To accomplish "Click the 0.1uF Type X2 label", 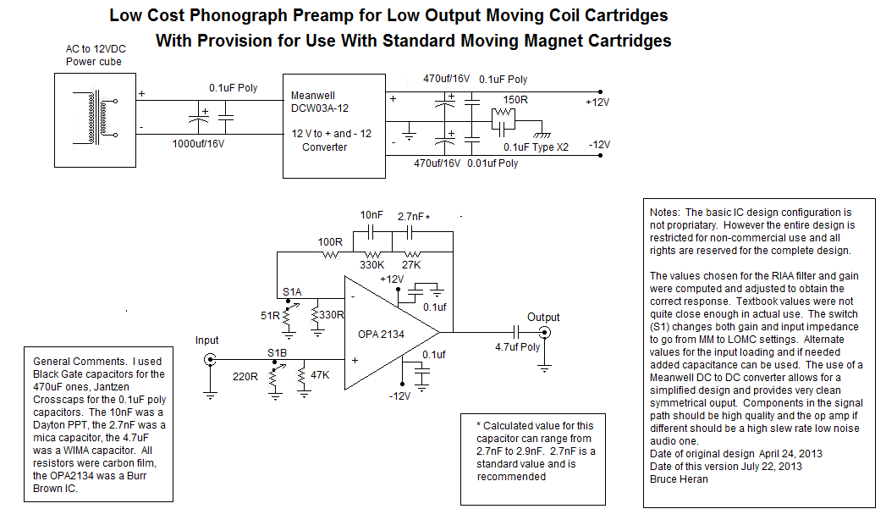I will click(536, 147).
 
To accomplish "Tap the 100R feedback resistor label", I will click(330, 242).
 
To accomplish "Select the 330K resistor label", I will click(371, 265).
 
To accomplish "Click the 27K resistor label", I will click(413, 265).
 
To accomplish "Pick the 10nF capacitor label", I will click(373, 216).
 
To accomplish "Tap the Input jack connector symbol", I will click(208, 360).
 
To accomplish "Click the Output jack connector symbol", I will click(544, 332).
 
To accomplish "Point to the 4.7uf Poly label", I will click(517, 346).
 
